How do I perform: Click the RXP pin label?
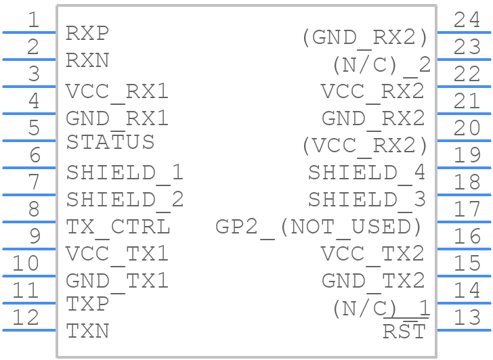87,33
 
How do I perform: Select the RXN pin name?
87,60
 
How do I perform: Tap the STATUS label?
110,142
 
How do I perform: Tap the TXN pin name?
87,331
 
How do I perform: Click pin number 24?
467,20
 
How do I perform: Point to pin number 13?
467,317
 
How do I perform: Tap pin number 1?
34,20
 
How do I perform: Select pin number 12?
26,317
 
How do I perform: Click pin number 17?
467,210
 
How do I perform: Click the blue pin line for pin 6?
29,168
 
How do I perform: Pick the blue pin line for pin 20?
464,141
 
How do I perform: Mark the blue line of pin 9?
29,249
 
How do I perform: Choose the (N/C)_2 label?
382,66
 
